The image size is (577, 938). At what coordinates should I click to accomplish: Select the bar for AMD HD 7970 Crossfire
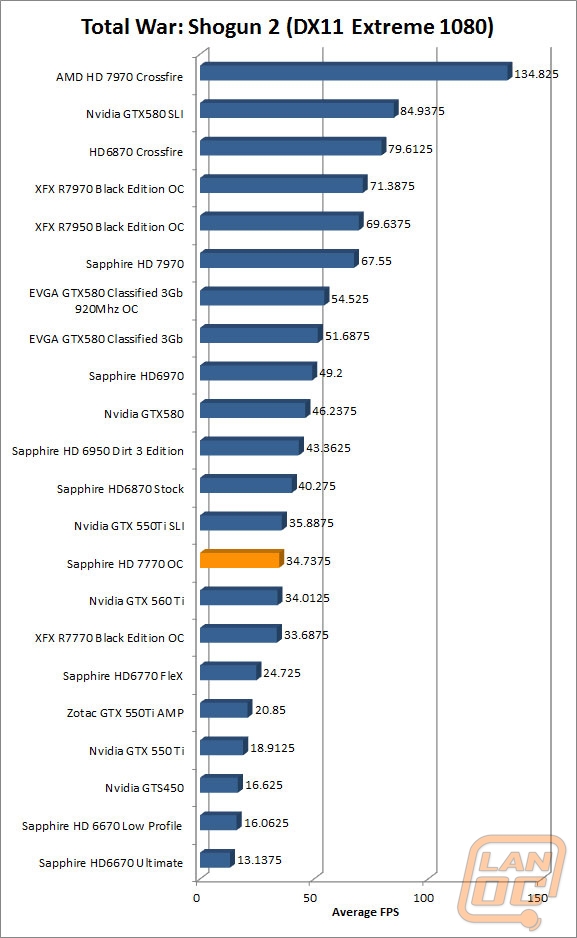coord(356,71)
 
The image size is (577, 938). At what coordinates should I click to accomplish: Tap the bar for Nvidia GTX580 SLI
coord(299,109)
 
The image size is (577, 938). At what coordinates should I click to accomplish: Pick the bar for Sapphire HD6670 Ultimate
coord(216,858)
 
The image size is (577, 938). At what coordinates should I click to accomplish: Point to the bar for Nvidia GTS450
coord(221,784)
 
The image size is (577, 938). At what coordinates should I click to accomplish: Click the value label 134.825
coord(536,74)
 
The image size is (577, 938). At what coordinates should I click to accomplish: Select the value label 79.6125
coord(410,149)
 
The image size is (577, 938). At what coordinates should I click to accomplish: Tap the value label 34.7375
coord(308,561)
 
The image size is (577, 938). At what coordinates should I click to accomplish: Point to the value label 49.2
coord(331,373)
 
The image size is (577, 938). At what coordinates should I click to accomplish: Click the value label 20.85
coord(270,710)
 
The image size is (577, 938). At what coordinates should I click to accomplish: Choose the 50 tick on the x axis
coord(310,898)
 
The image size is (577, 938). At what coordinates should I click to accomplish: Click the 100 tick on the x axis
coord(423,898)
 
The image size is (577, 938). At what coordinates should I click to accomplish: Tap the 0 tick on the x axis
coord(197,898)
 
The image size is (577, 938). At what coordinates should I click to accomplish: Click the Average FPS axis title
coord(365,912)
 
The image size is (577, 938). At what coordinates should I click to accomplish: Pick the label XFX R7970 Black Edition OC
coord(109,189)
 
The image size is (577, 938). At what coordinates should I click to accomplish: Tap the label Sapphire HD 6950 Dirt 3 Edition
coord(98,451)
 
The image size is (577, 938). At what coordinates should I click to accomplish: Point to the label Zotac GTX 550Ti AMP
coord(125,713)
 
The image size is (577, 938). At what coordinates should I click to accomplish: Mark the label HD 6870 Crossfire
coord(136,152)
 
